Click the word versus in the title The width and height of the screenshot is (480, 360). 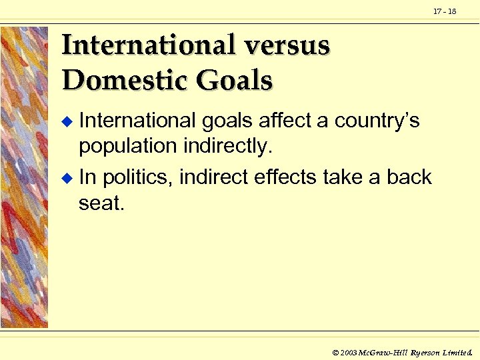[x=288, y=45]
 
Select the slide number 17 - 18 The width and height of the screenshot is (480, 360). [x=445, y=11]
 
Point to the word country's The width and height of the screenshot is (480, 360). [x=377, y=121]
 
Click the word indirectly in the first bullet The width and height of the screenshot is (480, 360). [x=228, y=146]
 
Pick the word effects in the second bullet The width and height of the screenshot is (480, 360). [x=283, y=177]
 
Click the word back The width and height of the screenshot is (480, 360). [x=409, y=177]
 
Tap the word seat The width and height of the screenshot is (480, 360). [x=101, y=203]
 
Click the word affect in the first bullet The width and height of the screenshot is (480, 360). [x=286, y=121]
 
